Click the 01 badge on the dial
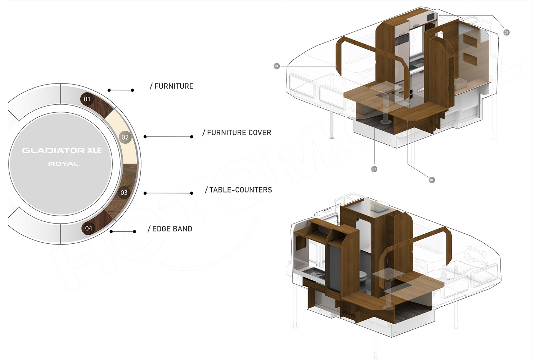[87, 99]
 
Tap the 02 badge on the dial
[125, 138]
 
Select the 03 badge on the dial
[124, 193]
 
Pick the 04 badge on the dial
[89, 228]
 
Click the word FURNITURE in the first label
[174, 86]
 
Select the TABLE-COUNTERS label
[238, 190]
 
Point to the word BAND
[183, 229]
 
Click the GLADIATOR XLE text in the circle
[62, 150]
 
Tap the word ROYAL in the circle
[63, 164]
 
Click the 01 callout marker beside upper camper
[276, 66]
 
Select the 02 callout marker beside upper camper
[506, 32]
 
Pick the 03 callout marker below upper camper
[374, 169]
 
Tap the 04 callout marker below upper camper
[432, 180]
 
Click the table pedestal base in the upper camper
[386, 121]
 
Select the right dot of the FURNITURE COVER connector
[192, 137]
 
